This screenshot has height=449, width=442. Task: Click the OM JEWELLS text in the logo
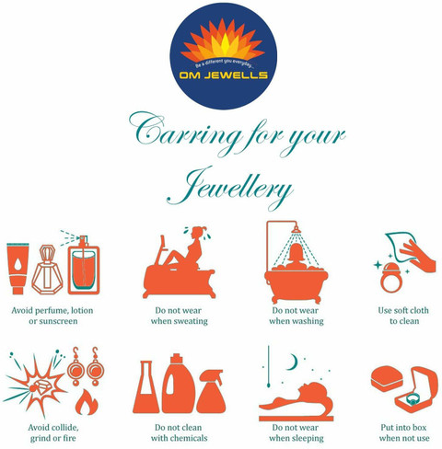pyautogui.click(x=224, y=75)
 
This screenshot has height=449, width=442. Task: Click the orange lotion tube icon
pyautogui.click(x=17, y=268)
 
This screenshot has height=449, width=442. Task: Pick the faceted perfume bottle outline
pyautogui.click(x=47, y=270)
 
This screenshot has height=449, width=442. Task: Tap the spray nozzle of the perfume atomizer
pyautogui.click(x=83, y=240)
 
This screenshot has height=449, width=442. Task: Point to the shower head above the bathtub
pyautogui.click(x=296, y=230)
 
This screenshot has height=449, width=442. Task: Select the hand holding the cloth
pyautogui.click(x=420, y=256)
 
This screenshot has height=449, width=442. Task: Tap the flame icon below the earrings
pyautogui.click(x=87, y=402)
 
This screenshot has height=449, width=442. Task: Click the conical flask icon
pyautogui.click(x=145, y=387)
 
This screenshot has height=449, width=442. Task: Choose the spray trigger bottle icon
pyautogui.click(x=211, y=391)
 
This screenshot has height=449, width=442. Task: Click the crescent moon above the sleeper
pyautogui.click(x=293, y=362)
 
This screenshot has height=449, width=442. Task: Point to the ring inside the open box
pyautogui.click(x=413, y=399)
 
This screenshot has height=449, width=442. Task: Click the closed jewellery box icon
pyautogui.click(x=387, y=377)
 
